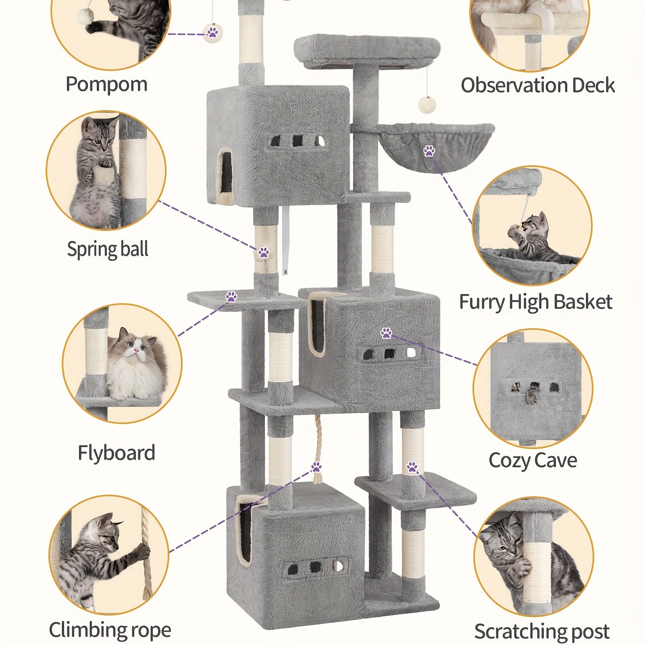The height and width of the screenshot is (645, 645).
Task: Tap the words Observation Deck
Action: [537, 85]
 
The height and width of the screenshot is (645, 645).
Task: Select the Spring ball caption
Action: [108, 249]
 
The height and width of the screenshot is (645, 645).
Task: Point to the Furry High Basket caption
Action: [535, 302]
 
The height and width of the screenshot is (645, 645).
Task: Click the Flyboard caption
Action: [116, 453]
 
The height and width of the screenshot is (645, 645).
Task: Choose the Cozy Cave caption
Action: [533, 460]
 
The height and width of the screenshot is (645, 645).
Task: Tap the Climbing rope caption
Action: [110, 630]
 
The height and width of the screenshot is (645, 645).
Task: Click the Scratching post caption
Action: [541, 631]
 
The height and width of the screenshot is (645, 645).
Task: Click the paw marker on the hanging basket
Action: [429, 152]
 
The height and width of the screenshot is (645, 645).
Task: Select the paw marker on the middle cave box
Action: [386, 333]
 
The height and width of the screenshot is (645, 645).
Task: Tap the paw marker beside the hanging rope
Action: [316, 467]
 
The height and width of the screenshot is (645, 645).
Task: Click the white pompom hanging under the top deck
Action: [424, 102]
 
